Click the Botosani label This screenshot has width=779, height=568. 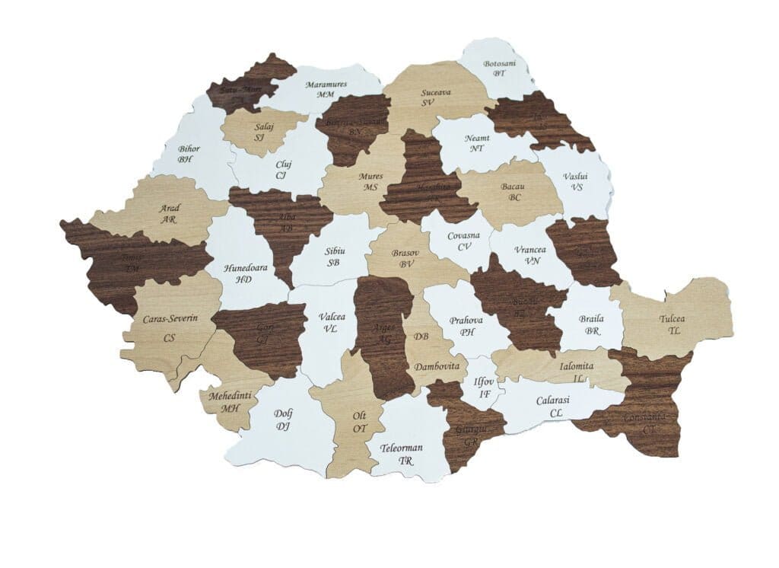pos(499,63)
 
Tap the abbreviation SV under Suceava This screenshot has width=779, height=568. pos(428,102)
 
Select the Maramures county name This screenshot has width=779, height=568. pos(326,85)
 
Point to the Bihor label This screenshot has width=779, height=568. pos(188,149)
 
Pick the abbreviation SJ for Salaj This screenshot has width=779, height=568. pos(259,137)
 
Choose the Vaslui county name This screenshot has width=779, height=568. pos(575,176)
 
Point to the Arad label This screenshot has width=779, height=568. pos(170,208)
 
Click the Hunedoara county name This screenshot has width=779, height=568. pos(243,268)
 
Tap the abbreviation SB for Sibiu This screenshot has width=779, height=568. pos(333,263)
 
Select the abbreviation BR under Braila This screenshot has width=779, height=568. pos(593,332)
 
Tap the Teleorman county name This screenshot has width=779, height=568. pos(402,448)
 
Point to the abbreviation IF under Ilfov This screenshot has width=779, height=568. pos(485,394)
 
